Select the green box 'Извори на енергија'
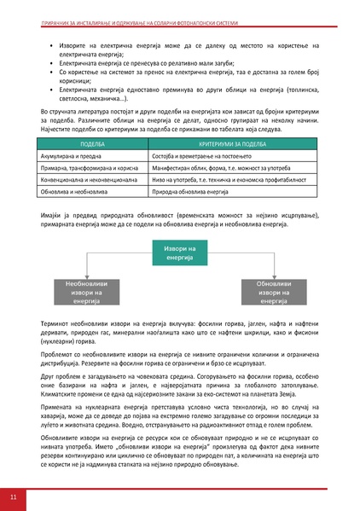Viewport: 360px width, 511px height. pos(180,253)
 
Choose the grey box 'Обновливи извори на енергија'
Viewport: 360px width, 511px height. pos(276,292)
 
